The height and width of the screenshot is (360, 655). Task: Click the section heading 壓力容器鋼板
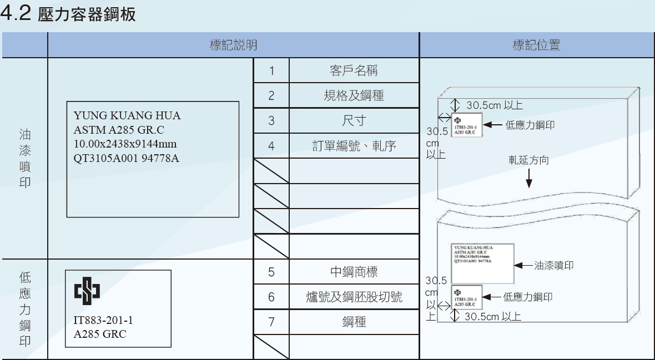coord(87,14)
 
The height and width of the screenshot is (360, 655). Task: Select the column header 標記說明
coord(233,45)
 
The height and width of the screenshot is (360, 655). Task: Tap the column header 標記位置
coord(536,45)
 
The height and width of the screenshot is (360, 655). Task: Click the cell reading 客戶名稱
coord(354,71)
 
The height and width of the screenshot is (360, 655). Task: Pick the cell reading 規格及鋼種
coord(354,95)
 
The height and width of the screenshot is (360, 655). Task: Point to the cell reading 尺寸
coord(354,121)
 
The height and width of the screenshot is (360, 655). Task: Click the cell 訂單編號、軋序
coord(354,146)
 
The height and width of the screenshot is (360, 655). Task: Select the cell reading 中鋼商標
coord(354,272)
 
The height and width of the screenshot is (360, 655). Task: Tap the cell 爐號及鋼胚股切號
coord(354,297)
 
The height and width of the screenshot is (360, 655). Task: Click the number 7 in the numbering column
coord(271,322)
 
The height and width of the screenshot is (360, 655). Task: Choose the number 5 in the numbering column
coord(271,272)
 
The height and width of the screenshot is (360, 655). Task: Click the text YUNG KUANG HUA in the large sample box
coord(127,116)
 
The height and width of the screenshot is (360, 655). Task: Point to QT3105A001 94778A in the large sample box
coord(127,159)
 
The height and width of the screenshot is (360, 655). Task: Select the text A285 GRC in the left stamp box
coord(100,334)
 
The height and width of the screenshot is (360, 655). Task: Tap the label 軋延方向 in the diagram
coord(528,160)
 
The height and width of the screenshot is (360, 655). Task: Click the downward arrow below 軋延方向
coord(528,179)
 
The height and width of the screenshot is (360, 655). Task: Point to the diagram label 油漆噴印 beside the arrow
coord(553,266)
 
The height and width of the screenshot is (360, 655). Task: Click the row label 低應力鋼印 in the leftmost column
coord(25,309)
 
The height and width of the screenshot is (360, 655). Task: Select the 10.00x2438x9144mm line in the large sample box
coord(125,144)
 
